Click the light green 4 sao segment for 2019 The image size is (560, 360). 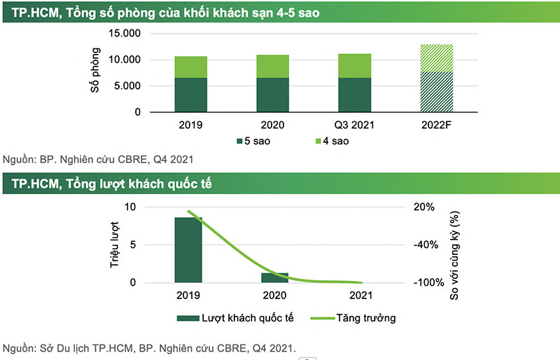click(190, 67)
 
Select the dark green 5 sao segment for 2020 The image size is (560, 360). click(273, 95)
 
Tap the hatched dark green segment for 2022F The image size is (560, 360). click(436, 92)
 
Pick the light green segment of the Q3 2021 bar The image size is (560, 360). click(354, 65)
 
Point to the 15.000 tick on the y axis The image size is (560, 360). click(125, 34)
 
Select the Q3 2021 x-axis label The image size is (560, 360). click(354, 125)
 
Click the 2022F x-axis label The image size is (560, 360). click(436, 125)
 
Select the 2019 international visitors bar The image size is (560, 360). click(188, 250)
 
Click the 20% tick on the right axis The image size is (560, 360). click(425, 207)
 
